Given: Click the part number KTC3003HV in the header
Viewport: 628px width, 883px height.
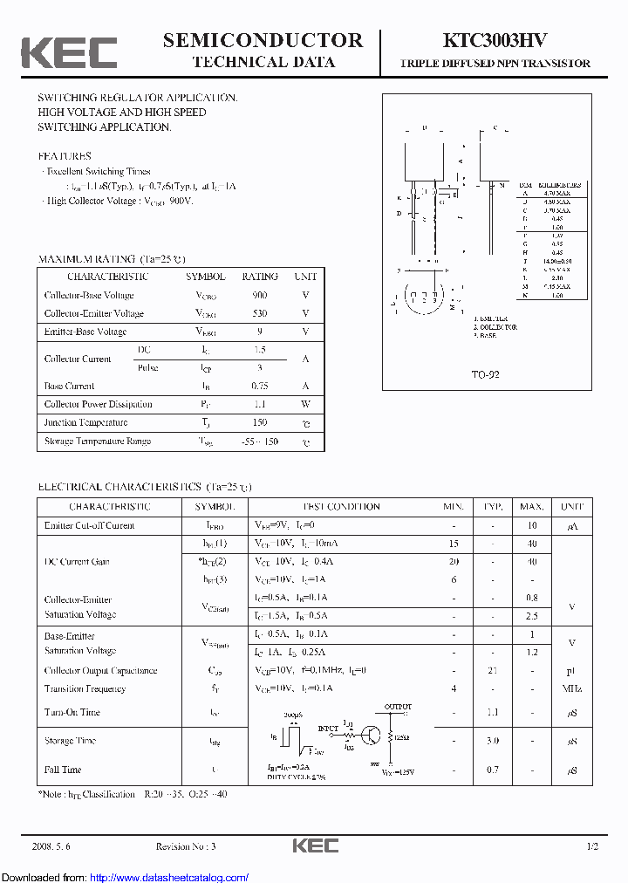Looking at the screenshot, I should click(495, 41).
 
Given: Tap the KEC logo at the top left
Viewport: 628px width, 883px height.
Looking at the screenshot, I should click(69, 52).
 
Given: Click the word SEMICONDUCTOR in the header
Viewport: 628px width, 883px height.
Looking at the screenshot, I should click(263, 40).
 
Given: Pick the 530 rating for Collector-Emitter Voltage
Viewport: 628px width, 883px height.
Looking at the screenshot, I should click(259, 313).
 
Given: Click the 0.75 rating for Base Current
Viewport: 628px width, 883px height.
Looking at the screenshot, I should click(259, 386).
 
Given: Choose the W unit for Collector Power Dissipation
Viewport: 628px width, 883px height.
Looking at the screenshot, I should click(305, 404).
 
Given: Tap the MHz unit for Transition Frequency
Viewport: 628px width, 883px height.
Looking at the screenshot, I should click(572, 688).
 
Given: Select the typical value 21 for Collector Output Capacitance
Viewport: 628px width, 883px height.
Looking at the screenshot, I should click(493, 670).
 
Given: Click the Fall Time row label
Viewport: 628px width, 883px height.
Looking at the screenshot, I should click(63, 770).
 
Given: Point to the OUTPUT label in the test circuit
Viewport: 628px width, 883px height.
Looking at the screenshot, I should click(397, 707).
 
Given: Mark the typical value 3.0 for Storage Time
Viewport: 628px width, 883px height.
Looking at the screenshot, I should click(493, 741).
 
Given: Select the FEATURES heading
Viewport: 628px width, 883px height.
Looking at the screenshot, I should click(64, 156).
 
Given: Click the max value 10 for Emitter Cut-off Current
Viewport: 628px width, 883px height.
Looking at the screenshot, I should click(531, 525).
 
